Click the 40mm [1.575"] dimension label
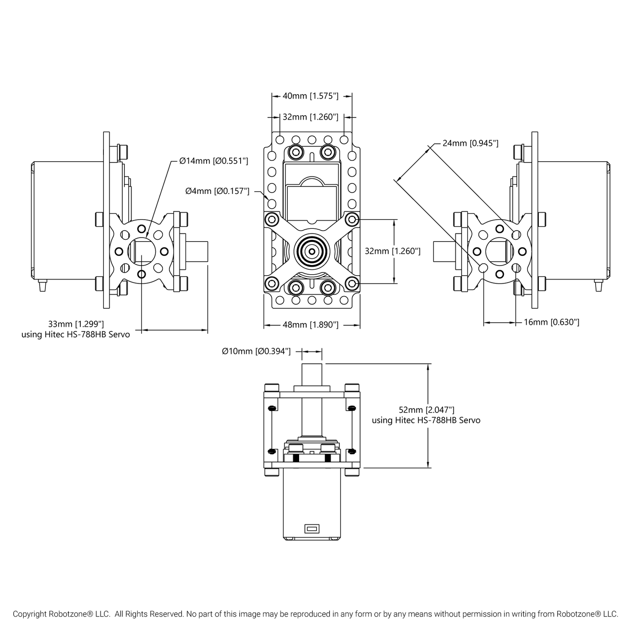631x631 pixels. pos(310,96)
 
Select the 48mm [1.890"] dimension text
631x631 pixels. pos(310,325)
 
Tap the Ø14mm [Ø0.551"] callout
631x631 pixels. pos(214,161)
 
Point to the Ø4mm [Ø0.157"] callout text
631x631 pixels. pos(217,191)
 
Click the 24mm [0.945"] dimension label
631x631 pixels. pos(470,143)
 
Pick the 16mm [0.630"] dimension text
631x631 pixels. pos(552,322)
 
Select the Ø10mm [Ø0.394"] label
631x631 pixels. pos(256,352)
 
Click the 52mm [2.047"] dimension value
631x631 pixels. pos(426,410)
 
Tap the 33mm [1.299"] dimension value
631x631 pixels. pos(76,324)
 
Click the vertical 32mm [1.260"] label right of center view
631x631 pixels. pos(393,251)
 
